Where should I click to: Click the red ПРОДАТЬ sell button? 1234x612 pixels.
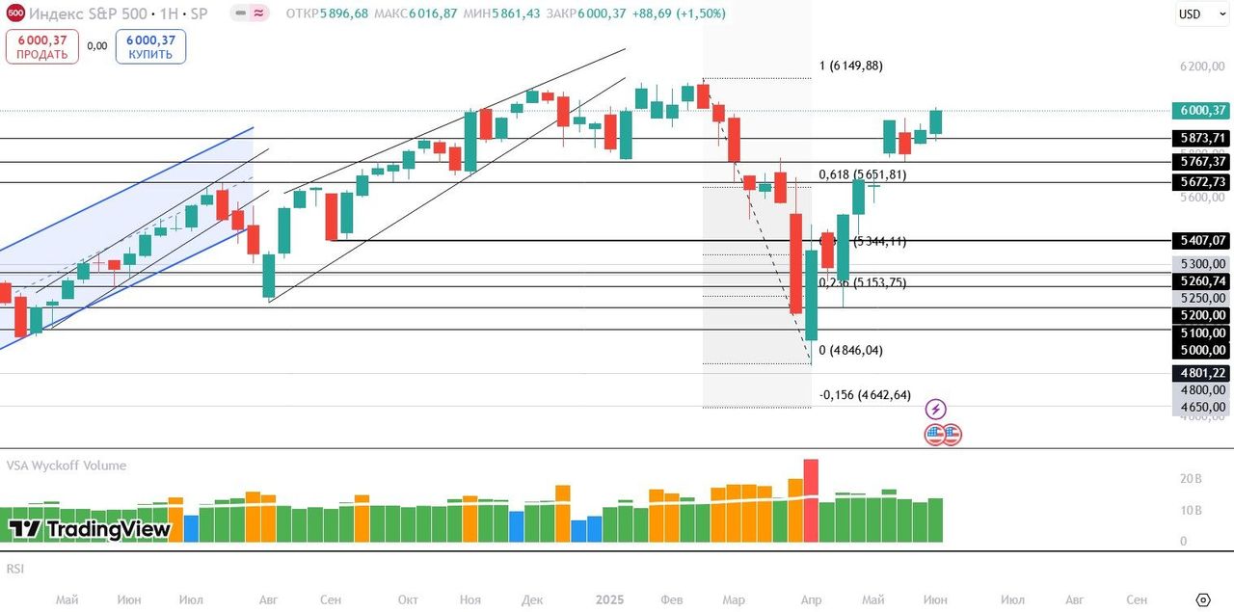click(41, 46)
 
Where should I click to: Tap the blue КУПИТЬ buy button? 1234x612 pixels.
click(150, 46)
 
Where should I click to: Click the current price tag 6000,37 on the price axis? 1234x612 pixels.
click(1199, 110)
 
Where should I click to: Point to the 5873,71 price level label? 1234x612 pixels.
click(1199, 138)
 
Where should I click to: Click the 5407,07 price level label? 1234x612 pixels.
click(1199, 240)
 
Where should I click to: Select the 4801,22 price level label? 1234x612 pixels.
click(1199, 373)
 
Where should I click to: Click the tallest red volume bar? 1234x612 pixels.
click(811, 499)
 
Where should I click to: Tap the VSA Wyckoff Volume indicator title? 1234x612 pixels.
click(67, 466)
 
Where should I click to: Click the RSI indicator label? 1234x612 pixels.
click(15, 569)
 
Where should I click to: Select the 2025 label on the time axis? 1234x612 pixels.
click(610, 599)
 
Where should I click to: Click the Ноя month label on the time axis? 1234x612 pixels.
click(469, 599)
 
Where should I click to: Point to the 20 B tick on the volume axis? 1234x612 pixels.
click(1190, 478)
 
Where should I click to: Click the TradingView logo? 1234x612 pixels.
click(90, 529)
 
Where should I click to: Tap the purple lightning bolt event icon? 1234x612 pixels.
click(935, 409)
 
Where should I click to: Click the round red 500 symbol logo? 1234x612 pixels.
click(15, 14)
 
